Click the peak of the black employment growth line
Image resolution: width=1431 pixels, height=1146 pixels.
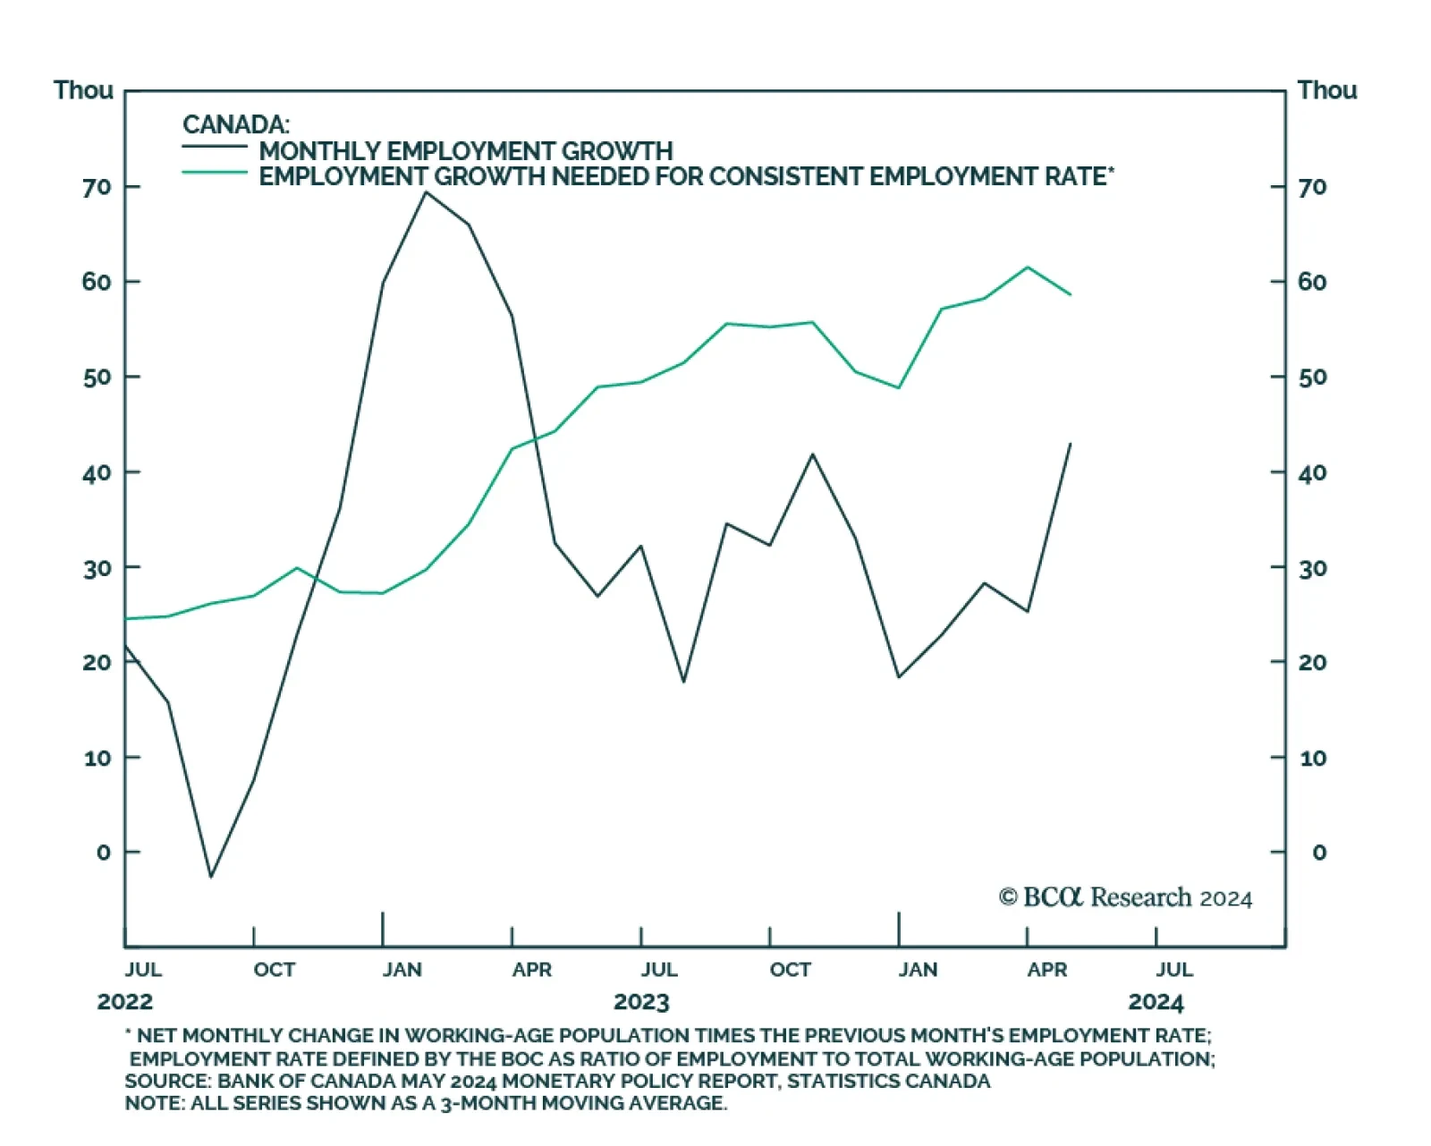point(426,192)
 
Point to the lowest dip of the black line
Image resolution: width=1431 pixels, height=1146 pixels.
point(211,876)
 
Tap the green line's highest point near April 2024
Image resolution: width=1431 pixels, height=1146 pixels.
point(1028,267)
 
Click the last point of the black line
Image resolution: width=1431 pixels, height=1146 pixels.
point(1071,444)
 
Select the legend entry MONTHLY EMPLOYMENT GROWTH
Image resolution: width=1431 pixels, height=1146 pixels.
point(465,151)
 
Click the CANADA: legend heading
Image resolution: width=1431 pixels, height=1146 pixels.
point(236,125)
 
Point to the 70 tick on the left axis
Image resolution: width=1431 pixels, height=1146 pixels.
point(97,187)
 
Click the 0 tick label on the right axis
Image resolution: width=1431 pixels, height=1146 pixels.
point(1319,853)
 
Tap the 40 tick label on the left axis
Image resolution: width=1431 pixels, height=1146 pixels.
point(97,472)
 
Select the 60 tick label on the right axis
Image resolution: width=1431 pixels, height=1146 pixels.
point(1312,282)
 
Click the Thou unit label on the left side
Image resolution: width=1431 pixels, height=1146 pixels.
point(83,90)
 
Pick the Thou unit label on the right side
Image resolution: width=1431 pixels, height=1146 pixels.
point(1327,90)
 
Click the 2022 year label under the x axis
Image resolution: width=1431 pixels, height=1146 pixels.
point(125,1002)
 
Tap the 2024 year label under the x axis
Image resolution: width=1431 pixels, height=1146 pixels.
point(1156,1002)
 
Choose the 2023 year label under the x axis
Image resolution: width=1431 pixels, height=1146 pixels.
point(641,1002)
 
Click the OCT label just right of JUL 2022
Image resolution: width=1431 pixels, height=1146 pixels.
point(274,970)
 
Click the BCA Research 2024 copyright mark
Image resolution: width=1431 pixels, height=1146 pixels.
point(1125,897)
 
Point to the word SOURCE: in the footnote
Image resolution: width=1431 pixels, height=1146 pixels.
point(167,1081)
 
